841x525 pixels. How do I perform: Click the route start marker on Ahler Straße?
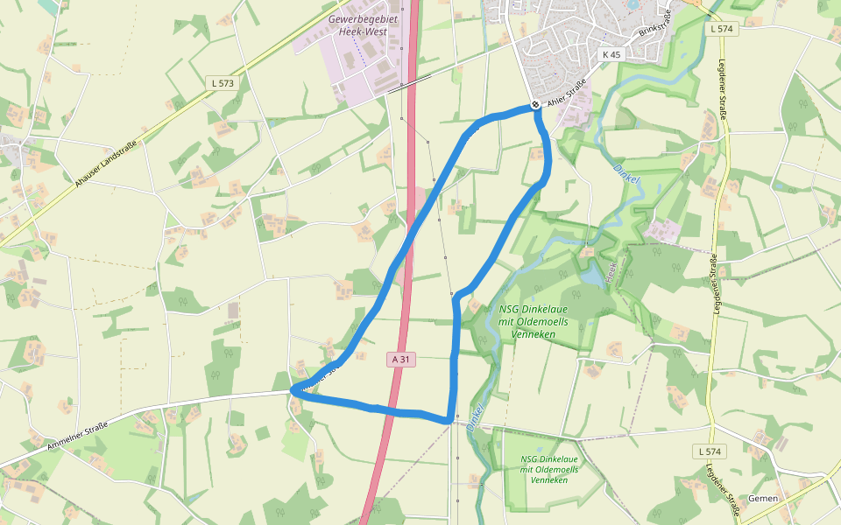535,105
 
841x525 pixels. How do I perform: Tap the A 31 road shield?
400,359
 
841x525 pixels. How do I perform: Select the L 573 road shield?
223,82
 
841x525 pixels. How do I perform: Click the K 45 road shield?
611,54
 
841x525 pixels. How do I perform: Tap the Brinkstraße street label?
654,26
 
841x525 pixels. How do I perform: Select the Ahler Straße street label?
566,94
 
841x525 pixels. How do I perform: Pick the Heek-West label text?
361,31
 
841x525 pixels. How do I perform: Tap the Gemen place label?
763,498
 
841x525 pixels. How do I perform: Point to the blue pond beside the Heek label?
594,276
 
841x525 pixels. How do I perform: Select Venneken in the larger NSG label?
533,333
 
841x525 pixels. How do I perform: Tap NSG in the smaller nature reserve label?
530,458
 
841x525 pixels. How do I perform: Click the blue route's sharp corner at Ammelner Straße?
293,392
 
